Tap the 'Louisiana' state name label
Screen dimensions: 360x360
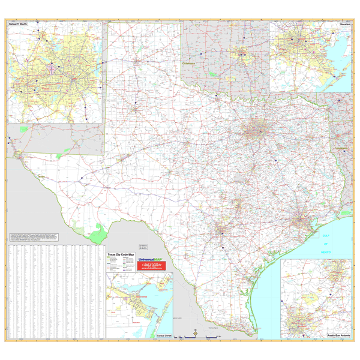(x=343, y=146)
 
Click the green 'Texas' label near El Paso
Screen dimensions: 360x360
(x=41, y=176)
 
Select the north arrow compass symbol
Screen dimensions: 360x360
(x=194, y=333)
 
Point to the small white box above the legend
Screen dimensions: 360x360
(x=143, y=247)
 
